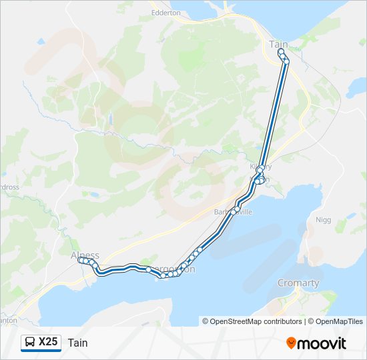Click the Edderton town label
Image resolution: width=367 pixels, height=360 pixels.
point(166,12)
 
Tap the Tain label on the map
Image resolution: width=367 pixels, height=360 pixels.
point(278,44)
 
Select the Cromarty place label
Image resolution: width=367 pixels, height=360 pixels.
point(298,283)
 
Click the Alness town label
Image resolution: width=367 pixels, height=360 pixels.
point(85,255)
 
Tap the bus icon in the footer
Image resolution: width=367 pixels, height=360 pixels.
point(30,343)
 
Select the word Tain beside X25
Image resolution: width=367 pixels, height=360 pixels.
point(77,343)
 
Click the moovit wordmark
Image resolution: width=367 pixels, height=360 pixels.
point(322,343)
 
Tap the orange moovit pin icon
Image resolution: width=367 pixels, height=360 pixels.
point(291,343)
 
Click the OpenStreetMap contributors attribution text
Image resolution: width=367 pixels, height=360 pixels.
point(256,321)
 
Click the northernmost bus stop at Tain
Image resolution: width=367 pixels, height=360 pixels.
point(281,51)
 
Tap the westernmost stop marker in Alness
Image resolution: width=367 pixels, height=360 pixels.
point(80,261)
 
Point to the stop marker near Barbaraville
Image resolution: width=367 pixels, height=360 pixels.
point(237,209)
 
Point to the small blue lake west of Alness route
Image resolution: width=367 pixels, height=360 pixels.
point(94,196)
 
